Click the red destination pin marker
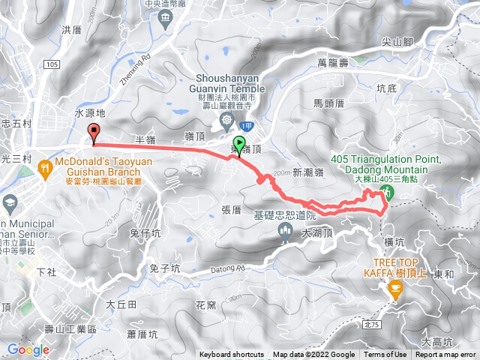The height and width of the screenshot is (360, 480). [x=94, y=133]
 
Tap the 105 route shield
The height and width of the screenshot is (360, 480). [x=51, y=65]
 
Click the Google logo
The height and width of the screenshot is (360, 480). [x=28, y=349]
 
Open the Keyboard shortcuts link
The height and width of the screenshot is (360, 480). [x=232, y=355]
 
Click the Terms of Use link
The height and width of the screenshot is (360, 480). [x=385, y=355]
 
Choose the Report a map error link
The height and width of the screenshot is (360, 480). [x=445, y=355]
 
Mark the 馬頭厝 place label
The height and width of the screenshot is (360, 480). [x=328, y=104]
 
